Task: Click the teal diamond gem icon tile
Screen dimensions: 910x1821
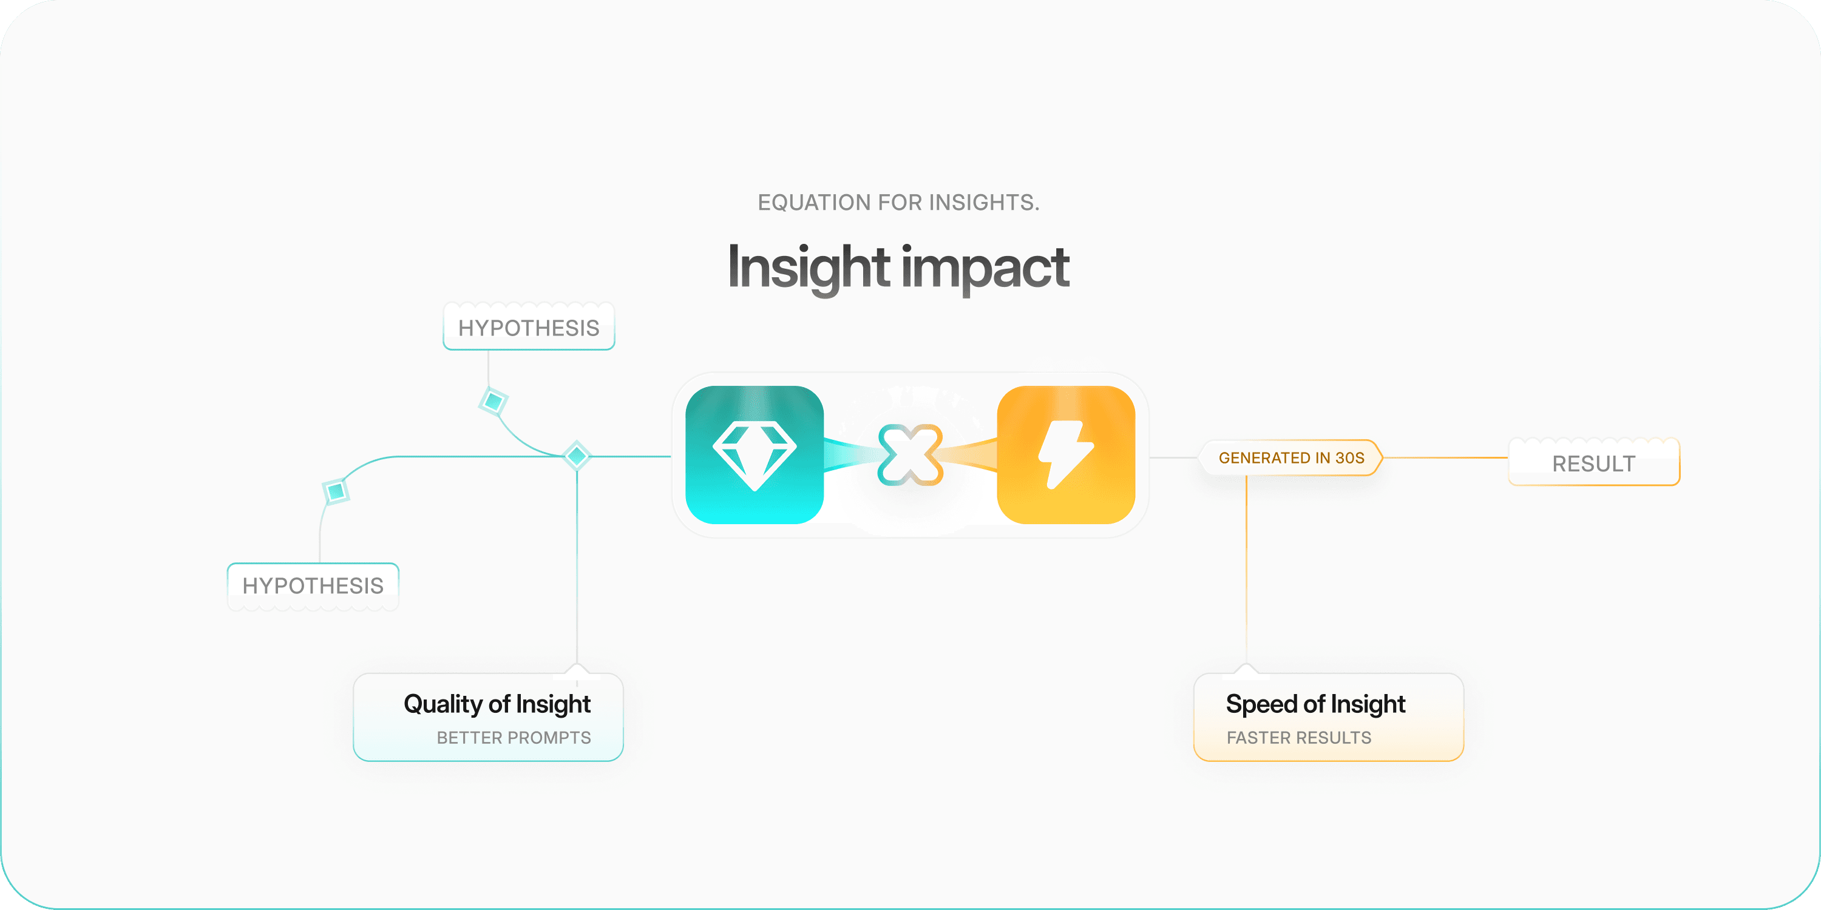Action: pyautogui.click(x=755, y=455)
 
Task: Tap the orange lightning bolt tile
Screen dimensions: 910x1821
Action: pyautogui.click(x=1065, y=455)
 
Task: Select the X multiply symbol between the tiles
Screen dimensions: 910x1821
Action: pyautogui.click(x=910, y=455)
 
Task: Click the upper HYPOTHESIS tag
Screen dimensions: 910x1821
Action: pyautogui.click(x=529, y=328)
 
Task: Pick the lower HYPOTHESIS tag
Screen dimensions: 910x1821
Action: pyautogui.click(x=313, y=585)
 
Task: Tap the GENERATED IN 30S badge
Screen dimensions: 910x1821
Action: pyautogui.click(x=1292, y=458)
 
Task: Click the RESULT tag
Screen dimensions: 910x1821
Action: pyautogui.click(x=1593, y=463)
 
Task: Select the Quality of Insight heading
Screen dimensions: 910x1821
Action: pyautogui.click(x=497, y=704)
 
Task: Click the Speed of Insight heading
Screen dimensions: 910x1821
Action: pyautogui.click(x=1315, y=704)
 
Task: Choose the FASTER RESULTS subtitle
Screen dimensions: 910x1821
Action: pyautogui.click(x=1298, y=738)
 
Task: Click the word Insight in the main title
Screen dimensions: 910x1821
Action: pyautogui.click(x=808, y=267)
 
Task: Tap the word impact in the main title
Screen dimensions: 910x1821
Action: pyautogui.click(x=985, y=267)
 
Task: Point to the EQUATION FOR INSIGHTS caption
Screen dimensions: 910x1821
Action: pyautogui.click(x=898, y=203)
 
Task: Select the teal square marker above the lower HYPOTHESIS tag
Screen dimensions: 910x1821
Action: pyautogui.click(x=336, y=490)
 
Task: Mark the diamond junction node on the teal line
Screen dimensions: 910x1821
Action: pyautogui.click(x=577, y=455)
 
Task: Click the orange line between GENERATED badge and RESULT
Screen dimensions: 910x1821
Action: pyautogui.click(x=1446, y=458)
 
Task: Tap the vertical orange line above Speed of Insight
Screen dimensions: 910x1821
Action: pyautogui.click(x=1246, y=572)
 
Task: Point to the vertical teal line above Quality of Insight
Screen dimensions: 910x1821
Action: pyautogui.click(x=577, y=565)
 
